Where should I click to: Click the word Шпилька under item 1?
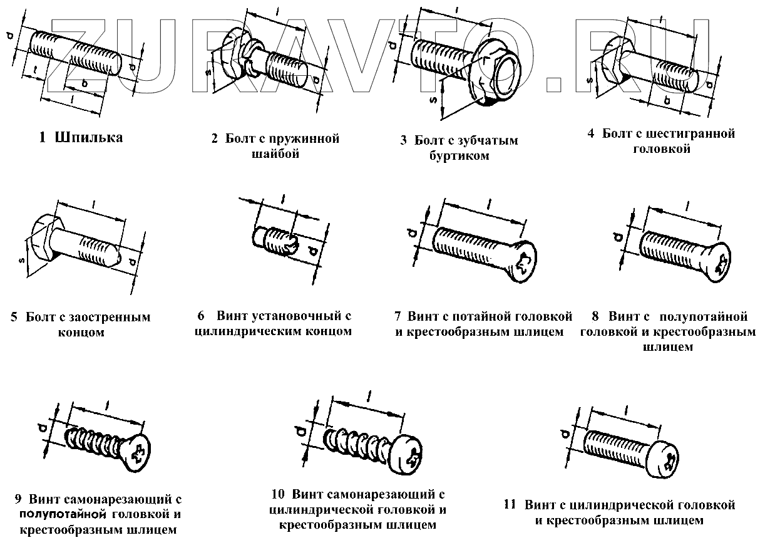pos(89,138)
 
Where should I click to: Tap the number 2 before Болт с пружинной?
pos(215,138)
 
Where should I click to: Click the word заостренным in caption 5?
pos(110,317)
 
